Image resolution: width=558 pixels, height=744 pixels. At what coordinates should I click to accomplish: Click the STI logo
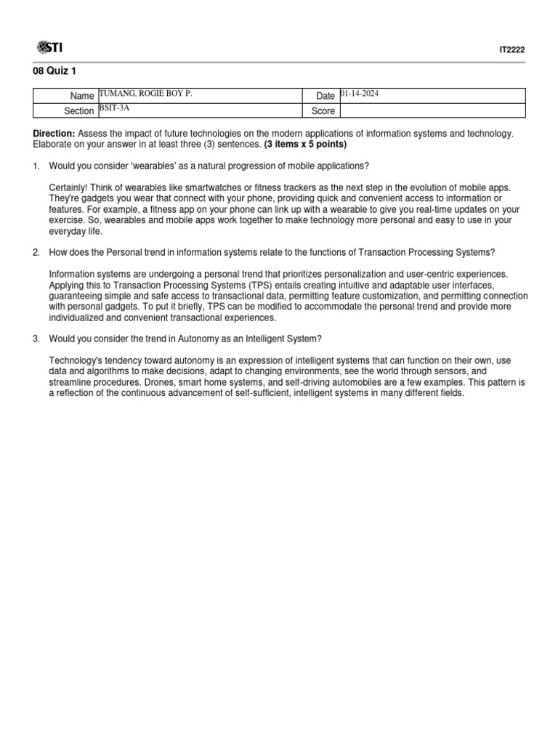click(x=49, y=48)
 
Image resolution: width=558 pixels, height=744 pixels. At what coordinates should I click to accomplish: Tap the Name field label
click(x=82, y=96)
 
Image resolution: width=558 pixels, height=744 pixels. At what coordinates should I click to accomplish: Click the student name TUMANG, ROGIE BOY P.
click(x=146, y=94)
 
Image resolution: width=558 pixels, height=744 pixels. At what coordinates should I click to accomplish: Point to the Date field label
click(x=325, y=96)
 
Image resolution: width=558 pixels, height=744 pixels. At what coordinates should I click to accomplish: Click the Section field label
click(x=79, y=111)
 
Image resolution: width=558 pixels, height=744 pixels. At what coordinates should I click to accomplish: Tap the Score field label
click(x=324, y=111)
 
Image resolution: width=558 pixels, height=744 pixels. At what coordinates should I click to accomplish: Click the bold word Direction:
click(x=54, y=134)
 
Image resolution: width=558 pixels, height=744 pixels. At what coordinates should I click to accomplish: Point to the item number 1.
click(x=36, y=166)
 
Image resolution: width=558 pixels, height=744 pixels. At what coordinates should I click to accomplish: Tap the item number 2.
click(x=36, y=252)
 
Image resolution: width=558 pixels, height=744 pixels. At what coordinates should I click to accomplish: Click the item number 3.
click(x=36, y=339)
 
